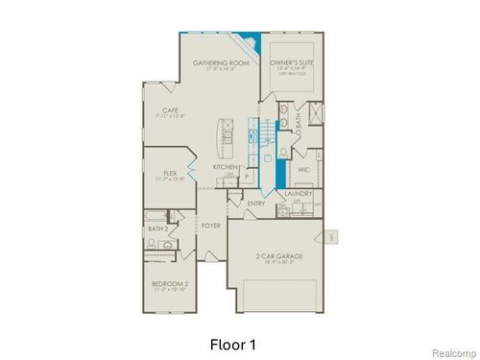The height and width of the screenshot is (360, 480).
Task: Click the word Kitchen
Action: pos(226,166)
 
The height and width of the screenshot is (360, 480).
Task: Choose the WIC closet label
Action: pos(304,170)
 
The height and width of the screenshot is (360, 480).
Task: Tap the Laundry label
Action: pos(299,194)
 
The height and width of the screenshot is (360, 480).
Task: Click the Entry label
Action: pos(256,204)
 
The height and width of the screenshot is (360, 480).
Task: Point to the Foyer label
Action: pos(210,226)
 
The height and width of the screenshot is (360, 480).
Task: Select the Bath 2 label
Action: pos(158,229)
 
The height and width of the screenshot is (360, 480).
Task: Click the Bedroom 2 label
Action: pos(169,284)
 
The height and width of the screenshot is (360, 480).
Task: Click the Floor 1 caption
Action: pos(233,342)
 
